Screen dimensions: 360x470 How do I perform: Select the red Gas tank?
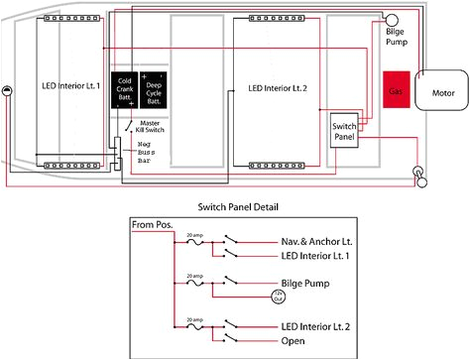click(399, 88)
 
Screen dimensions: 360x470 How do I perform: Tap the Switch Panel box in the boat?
click(344, 129)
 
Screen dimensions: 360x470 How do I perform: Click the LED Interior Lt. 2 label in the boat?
click(278, 88)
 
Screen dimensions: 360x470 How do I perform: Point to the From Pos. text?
click(152, 224)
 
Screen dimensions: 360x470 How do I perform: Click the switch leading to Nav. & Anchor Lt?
click(230, 241)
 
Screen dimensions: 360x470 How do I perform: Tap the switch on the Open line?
click(230, 339)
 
